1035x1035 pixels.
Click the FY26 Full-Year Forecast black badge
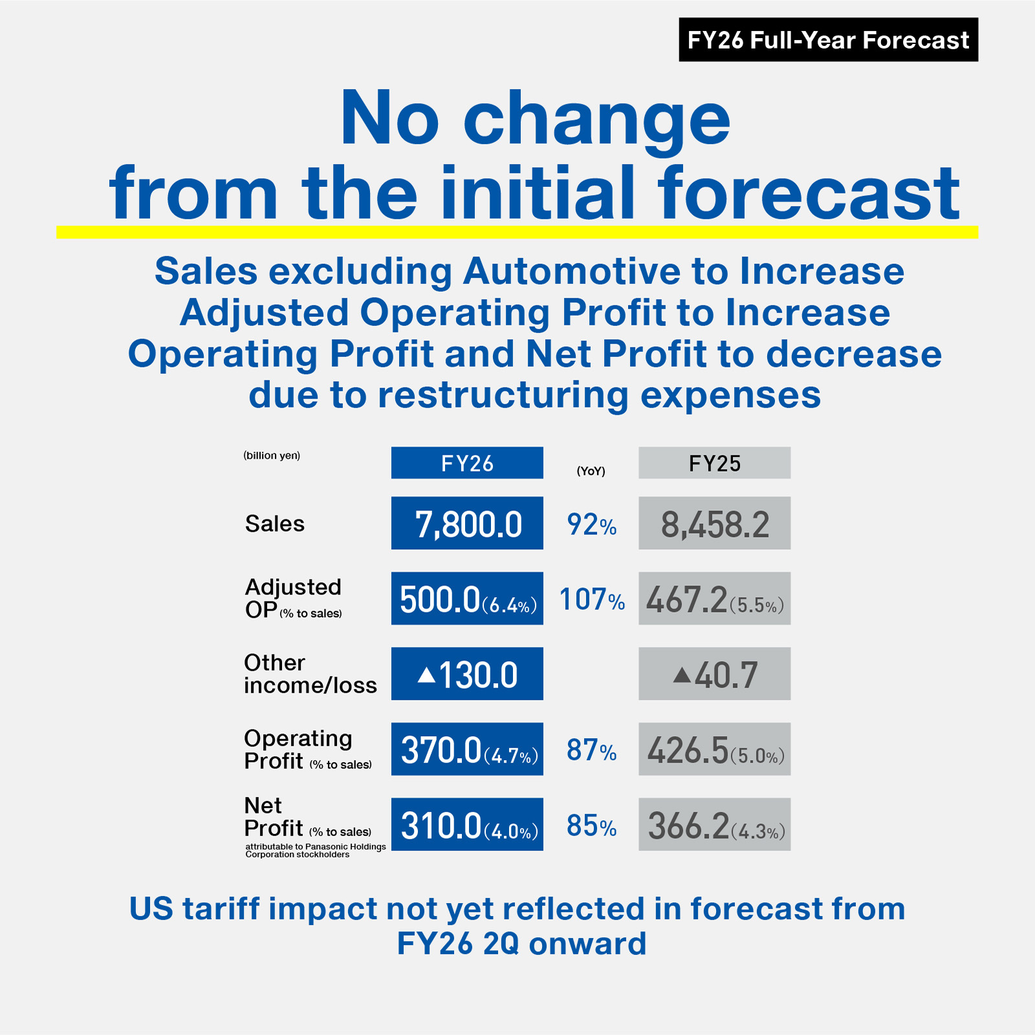tap(828, 40)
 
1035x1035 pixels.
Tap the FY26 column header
tap(467, 463)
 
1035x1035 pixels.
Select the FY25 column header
tap(714, 463)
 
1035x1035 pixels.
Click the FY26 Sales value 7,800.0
tap(467, 524)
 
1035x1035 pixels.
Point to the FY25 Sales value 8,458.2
tap(714, 524)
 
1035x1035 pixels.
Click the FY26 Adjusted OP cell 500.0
tap(467, 599)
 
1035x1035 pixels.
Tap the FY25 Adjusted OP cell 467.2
tap(714, 599)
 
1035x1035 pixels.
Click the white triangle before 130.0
tap(426, 675)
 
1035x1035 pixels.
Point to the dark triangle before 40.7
tap(682, 675)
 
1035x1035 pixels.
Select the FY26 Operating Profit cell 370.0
tap(467, 750)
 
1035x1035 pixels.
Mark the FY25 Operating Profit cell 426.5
tap(714, 750)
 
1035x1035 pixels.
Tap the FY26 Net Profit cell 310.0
tap(467, 825)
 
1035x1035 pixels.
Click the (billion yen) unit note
tap(272, 455)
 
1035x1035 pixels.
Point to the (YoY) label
tap(591, 471)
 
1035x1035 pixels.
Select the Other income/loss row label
tap(310, 674)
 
